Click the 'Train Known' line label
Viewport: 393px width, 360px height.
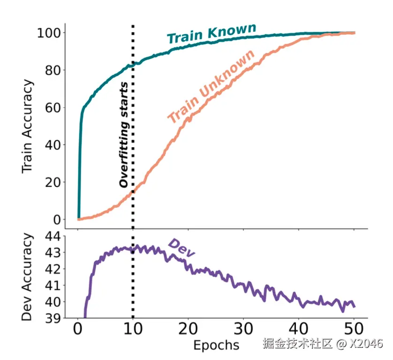pyautogui.click(x=212, y=33)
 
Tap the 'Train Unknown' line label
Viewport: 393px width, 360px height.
pyautogui.click(x=211, y=86)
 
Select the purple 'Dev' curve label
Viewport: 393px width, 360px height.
pyautogui.click(x=181, y=248)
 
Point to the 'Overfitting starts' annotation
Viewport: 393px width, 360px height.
pyautogui.click(x=123, y=135)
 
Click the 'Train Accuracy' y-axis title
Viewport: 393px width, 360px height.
pyautogui.click(x=28, y=126)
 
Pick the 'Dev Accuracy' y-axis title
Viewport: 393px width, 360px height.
pyautogui.click(x=28, y=277)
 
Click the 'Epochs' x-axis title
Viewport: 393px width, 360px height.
pyautogui.click(x=216, y=345)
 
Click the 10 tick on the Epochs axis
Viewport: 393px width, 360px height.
pyautogui.click(x=133, y=329)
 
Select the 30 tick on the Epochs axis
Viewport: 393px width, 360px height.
pyautogui.click(x=243, y=329)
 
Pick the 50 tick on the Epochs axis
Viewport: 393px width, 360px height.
pyautogui.click(x=354, y=329)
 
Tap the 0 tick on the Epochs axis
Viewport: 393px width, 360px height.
pyautogui.click(x=78, y=329)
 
